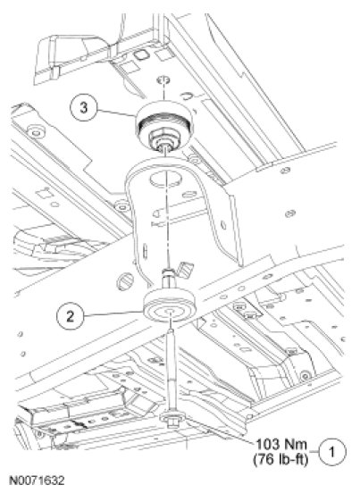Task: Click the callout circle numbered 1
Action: coord(332,452)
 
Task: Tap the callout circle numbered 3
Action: coord(83,108)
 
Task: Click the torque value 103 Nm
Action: coord(280,445)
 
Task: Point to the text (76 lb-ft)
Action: coord(280,460)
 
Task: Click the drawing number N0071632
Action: coord(37,480)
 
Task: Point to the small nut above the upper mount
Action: coord(163,80)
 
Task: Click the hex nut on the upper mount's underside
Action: coord(163,138)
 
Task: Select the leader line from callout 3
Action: coord(116,113)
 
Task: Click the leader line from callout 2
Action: coord(113,313)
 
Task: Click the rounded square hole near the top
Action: coord(140,54)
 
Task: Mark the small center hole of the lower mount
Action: coord(171,312)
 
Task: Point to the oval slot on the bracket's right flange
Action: coord(223,225)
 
